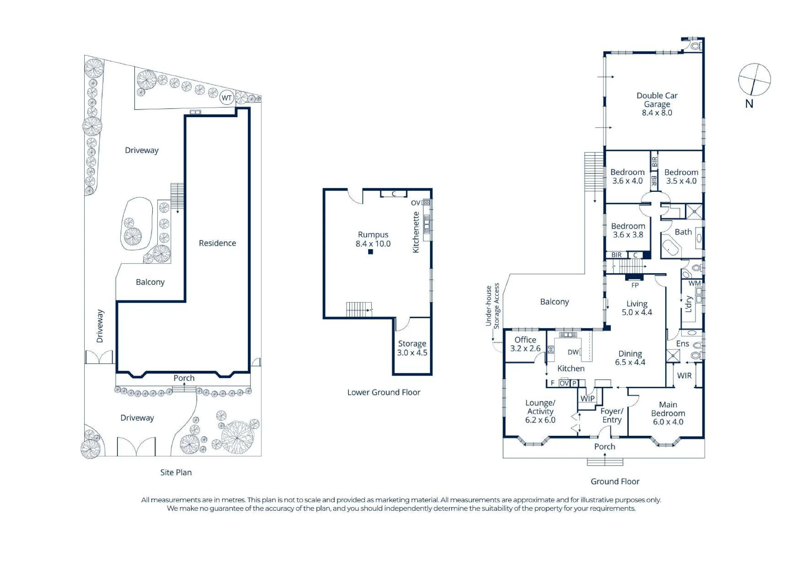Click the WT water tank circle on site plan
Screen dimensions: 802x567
coord(227,98)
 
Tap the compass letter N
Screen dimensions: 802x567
coord(749,104)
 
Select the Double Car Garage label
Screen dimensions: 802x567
coord(657,100)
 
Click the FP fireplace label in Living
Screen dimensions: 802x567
coord(635,285)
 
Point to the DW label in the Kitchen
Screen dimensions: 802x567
coord(573,352)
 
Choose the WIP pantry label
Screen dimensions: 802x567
coord(587,398)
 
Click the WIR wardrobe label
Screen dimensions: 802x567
coord(684,376)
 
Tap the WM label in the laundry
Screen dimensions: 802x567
coord(695,283)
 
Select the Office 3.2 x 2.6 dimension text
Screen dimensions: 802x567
coord(525,348)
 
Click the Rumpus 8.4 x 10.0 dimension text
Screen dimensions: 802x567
coord(373,244)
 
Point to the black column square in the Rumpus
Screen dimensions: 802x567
coord(371,252)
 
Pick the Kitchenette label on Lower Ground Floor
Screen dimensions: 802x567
coord(416,232)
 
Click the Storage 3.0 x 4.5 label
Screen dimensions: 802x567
coord(412,348)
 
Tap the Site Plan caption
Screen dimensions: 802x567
coord(176,472)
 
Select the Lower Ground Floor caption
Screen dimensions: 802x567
coord(384,392)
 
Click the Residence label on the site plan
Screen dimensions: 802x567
coord(217,243)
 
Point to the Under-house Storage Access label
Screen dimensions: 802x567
coord(492,306)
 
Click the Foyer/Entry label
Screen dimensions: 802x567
coord(612,415)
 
